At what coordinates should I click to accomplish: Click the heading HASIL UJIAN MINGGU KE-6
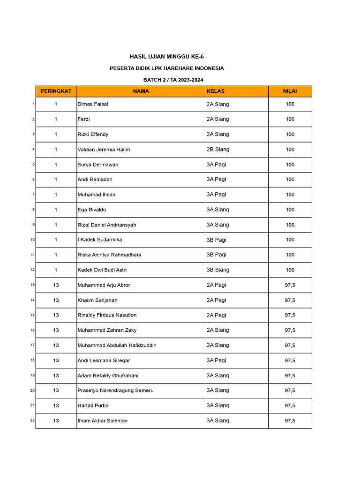pos(166,57)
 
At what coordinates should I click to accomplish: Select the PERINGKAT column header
pos(56,91)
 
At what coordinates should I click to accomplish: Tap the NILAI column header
pos(290,91)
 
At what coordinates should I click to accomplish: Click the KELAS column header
pos(216,91)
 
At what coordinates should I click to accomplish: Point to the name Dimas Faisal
pos(93,104)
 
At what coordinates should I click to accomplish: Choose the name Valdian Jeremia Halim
pos(104,150)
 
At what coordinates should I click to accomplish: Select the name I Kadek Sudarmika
pos(100,240)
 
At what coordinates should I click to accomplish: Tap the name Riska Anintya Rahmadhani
pos(109,255)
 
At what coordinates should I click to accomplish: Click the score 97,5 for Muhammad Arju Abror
pos(290,285)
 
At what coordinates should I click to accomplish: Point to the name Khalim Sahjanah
pos(97,300)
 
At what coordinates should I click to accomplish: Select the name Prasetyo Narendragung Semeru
pos(115,390)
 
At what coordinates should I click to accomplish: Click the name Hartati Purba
pos(93,405)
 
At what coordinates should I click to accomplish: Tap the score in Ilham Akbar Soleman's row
pos(290,420)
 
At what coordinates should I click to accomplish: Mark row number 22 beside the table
pos(32,420)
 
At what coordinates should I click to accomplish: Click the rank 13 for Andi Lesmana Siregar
pos(56,360)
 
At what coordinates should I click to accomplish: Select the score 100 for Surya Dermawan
pos(290,165)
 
